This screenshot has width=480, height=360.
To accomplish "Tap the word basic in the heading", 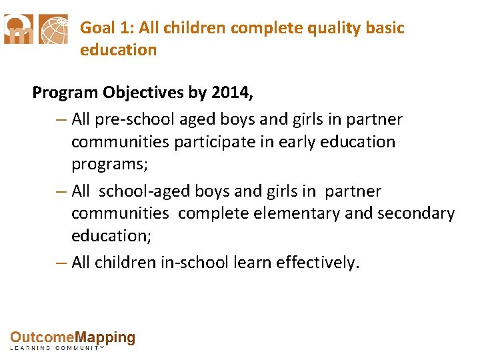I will coord(385,28).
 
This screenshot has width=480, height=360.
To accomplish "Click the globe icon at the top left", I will coord(53,29).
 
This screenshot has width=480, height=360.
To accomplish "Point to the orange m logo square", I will coord(19,29).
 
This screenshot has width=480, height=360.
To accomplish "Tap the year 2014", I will coord(229,93).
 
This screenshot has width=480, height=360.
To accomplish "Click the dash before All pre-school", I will coord(61,120).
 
